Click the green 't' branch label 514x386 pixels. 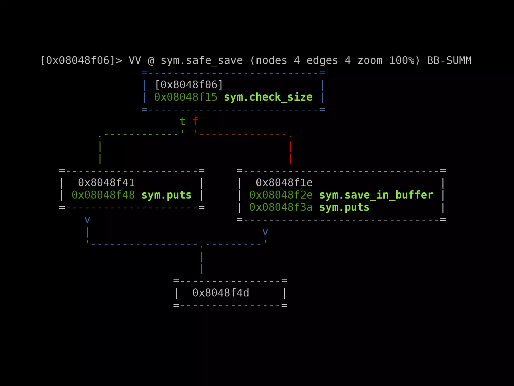coord(182,122)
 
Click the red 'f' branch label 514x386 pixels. coord(195,122)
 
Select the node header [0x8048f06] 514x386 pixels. coord(189,85)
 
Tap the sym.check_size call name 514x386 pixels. coord(268,97)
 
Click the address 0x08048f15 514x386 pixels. coord(186,97)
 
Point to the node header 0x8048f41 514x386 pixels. coord(106,183)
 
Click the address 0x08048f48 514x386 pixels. coord(103,195)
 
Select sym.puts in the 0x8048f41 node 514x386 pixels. coord(166,195)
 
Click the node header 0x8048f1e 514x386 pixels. coord(284,183)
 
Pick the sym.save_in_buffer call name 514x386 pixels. coord(376,195)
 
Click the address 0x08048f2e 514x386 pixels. coord(281,195)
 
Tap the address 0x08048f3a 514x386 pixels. coord(281,207)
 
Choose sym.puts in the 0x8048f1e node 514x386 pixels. coord(344,207)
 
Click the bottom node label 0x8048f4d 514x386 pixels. coord(221,293)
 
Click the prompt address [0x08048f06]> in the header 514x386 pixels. coord(81,61)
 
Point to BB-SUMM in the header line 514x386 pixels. coord(449,61)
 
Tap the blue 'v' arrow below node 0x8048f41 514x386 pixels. coord(87,220)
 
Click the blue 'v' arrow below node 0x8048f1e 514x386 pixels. coord(265,232)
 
